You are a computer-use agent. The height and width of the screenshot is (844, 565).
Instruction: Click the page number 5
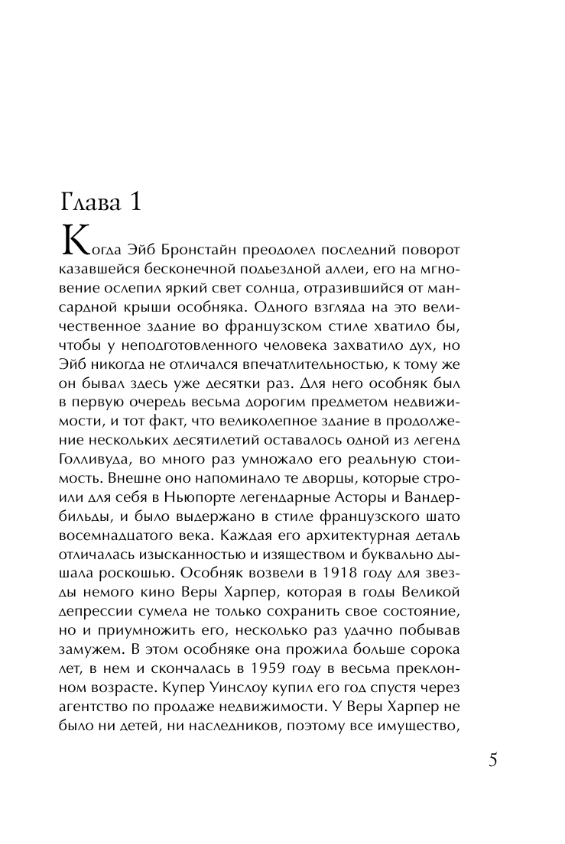coord(492,761)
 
